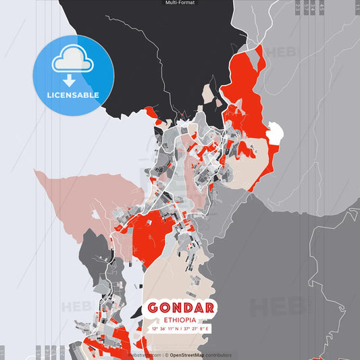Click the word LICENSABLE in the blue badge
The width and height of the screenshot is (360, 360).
[73, 95]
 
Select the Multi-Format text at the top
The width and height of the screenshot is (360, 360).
[180, 3]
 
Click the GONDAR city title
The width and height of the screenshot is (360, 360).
[180, 308]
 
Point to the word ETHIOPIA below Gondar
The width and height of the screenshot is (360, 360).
[180, 319]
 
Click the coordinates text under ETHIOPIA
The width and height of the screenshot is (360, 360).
[180, 329]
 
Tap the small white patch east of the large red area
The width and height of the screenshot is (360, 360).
[275, 133]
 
